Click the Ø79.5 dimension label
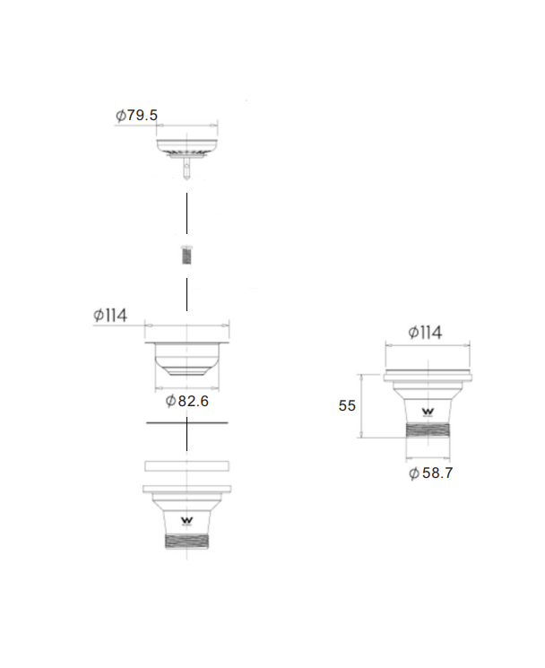coord(136,115)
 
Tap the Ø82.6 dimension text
coord(187,401)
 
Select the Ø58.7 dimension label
coord(430,473)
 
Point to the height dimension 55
coord(347,405)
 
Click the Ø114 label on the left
coord(110,316)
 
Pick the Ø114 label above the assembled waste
coord(426,333)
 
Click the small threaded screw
coord(186,255)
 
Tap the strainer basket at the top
coord(187,148)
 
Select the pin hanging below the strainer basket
coord(187,169)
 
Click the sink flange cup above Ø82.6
coord(187,359)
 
